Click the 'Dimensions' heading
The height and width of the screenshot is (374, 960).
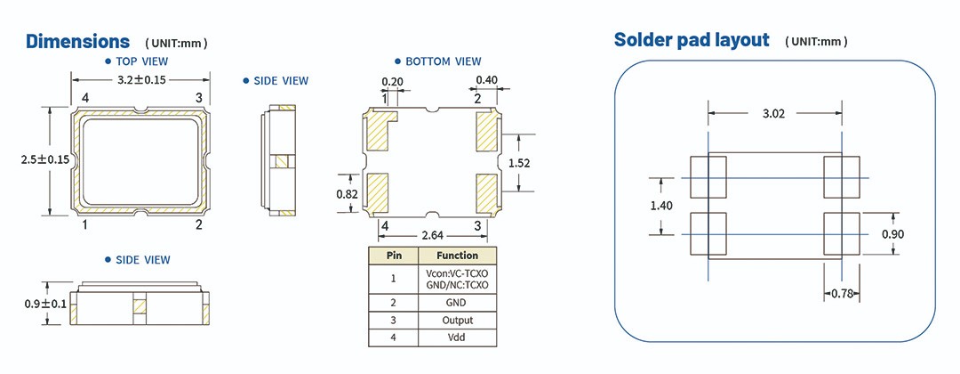[78, 42]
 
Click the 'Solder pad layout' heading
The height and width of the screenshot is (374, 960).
[692, 40]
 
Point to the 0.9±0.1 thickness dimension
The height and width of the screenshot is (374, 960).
[45, 304]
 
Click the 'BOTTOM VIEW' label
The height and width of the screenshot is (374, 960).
[443, 61]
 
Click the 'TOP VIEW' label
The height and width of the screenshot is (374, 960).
[141, 61]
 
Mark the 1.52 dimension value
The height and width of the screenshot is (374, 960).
[519, 163]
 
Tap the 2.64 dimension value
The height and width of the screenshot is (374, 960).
[433, 235]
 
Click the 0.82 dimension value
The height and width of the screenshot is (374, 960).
[347, 192]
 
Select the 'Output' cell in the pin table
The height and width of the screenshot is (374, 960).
[457, 320]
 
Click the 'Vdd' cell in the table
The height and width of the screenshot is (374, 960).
[457, 337]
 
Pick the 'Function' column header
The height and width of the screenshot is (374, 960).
[457, 256]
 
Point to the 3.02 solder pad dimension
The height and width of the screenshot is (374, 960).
[773, 113]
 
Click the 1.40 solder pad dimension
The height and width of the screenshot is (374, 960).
[661, 205]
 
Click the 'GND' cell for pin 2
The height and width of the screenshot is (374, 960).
[457, 302]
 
